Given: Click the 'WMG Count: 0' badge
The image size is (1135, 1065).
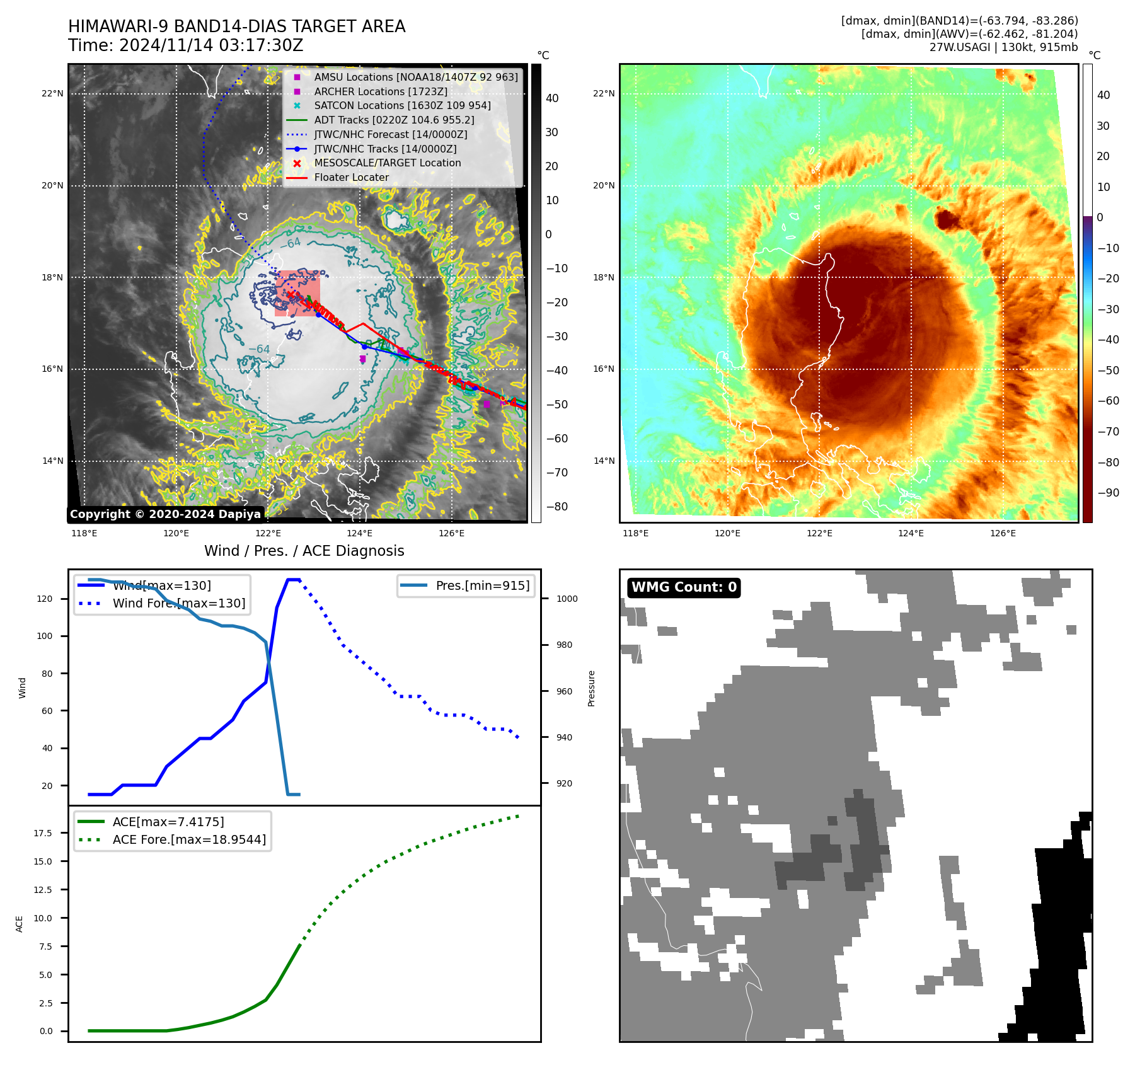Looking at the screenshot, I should [684, 587].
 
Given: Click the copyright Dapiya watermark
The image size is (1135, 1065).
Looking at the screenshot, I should [165, 514].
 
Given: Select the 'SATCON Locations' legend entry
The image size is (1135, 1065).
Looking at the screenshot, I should [402, 106].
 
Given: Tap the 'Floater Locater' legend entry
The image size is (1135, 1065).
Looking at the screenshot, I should [351, 178].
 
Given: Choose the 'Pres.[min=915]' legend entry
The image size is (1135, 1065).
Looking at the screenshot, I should [482, 586].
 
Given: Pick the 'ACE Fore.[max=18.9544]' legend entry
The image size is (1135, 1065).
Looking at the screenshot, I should [189, 840].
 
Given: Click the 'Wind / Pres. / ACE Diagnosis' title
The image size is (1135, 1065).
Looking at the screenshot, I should [304, 551].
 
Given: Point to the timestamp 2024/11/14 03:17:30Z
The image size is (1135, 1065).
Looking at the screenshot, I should [211, 46].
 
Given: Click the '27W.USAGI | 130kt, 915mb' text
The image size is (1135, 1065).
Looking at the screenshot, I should [1003, 47].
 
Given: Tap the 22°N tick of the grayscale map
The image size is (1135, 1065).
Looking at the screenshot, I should [53, 94].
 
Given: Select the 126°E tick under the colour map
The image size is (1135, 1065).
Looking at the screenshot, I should [1003, 534].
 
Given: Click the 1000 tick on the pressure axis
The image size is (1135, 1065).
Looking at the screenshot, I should [567, 599].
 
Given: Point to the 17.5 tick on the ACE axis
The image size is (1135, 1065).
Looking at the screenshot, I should [43, 833].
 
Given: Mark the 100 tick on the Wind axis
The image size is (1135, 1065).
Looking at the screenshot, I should [45, 636].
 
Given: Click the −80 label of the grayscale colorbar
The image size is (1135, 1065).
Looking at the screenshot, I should [556, 507].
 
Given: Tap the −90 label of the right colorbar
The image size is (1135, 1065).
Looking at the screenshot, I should [1108, 493].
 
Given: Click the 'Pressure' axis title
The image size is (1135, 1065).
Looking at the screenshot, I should [591, 688].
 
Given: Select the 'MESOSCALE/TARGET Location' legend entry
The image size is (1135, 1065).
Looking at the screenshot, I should [387, 163].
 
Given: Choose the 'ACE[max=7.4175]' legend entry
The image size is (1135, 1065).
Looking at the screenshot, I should [168, 822].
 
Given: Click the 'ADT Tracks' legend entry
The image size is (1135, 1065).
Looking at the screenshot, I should [394, 120].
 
